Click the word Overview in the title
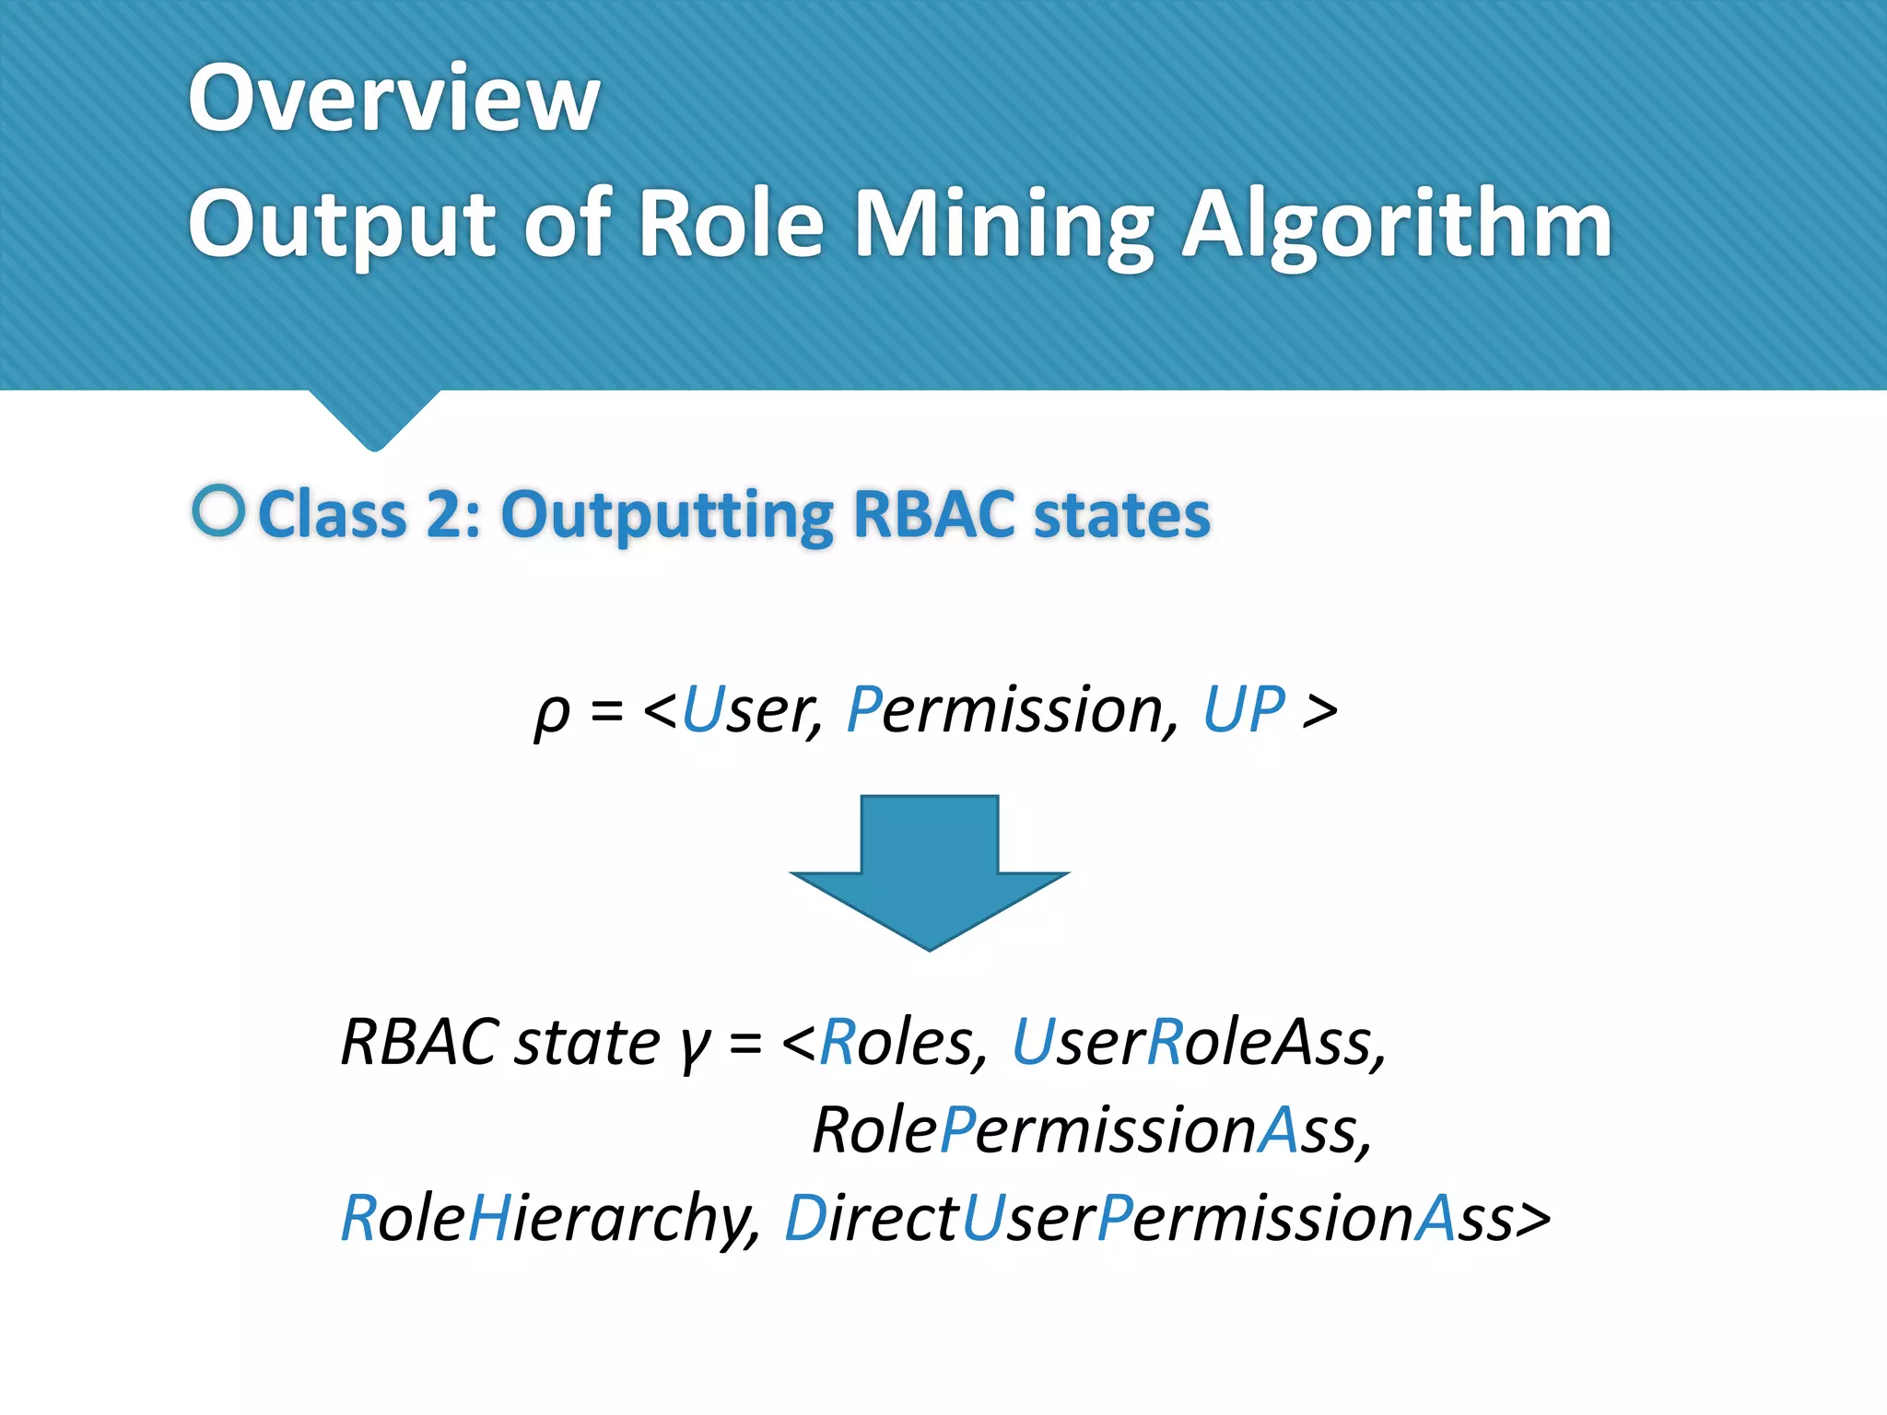click(393, 98)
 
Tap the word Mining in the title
click(1003, 226)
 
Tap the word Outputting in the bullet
click(667, 516)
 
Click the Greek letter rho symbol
click(552, 713)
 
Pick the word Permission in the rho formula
click(1012, 710)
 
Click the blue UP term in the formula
click(1244, 710)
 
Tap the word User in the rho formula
click(752, 710)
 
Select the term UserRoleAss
click(1198, 1043)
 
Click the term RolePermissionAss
click(1092, 1130)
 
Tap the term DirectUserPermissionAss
click(1166, 1219)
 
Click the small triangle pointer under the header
click(374, 419)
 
